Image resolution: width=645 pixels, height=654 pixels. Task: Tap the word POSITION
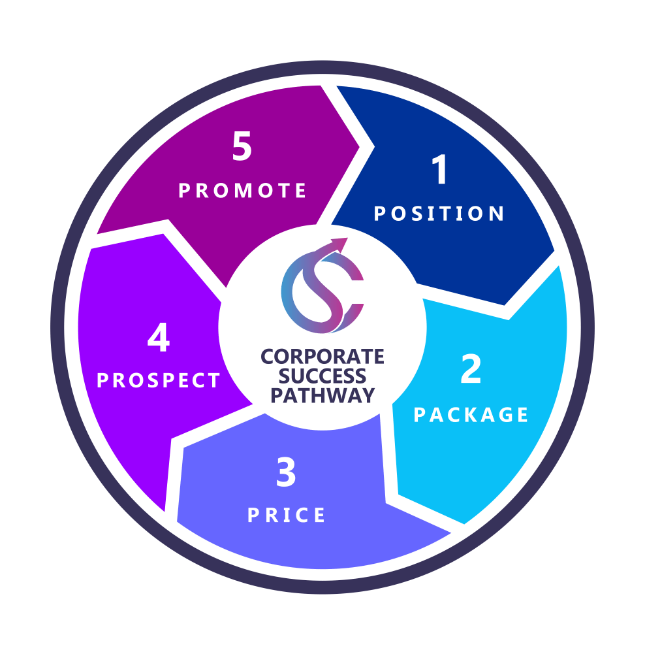pos(439,214)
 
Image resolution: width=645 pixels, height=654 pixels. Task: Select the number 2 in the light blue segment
pos(471,370)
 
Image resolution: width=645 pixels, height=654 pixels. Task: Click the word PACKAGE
pos(471,415)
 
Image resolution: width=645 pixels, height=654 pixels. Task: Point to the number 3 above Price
pos(286,473)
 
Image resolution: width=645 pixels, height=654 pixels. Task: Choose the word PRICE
pos(287,515)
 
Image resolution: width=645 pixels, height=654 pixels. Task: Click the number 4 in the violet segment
pos(159,339)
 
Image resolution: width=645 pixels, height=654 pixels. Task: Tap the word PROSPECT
pos(159,381)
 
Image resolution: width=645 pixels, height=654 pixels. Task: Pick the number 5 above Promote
pos(242,147)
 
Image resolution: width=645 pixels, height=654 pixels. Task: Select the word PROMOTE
pos(243,190)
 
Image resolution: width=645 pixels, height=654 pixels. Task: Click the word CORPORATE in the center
pos(322,357)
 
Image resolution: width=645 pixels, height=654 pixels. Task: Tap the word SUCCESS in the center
pos(322,376)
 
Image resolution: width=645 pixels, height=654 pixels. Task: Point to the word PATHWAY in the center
pos(322,395)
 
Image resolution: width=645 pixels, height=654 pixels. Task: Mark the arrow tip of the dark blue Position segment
pos(506,304)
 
